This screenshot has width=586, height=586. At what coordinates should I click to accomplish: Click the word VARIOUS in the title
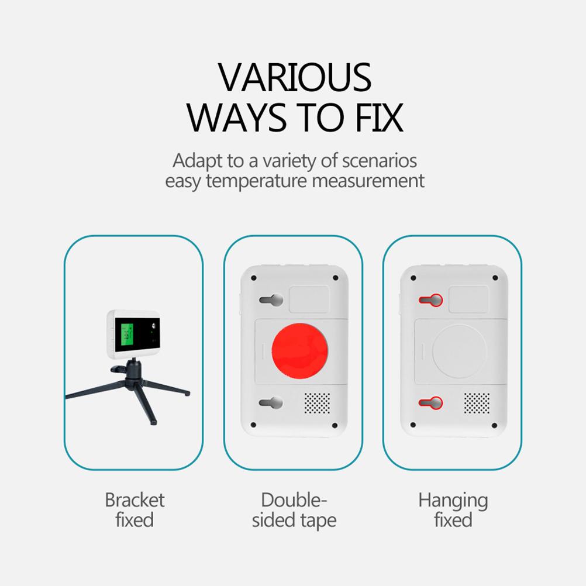point(295,77)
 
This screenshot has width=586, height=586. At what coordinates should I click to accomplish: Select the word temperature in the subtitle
point(257,181)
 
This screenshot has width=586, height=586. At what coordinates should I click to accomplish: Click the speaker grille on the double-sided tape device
point(317,402)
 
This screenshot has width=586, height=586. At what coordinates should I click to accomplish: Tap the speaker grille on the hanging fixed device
point(477,402)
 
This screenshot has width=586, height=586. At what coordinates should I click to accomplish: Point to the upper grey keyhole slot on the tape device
point(271,301)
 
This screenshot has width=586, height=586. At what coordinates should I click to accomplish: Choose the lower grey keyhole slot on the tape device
point(271,402)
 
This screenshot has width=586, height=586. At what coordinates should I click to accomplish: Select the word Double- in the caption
point(294,500)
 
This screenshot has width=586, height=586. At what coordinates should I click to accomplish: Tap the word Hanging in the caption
point(453,501)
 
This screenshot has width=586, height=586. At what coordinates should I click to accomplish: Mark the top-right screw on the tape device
point(335,278)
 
